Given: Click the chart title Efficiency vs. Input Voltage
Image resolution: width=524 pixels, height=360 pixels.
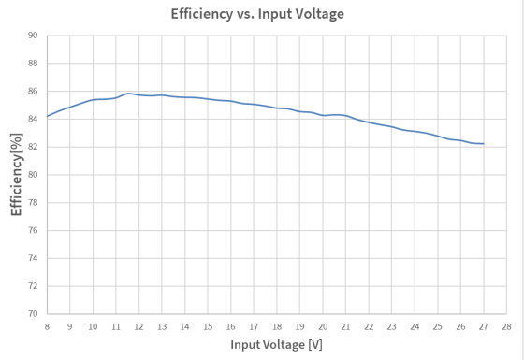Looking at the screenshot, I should (257, 14).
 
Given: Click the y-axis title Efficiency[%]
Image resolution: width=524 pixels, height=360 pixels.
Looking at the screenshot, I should (16, 175).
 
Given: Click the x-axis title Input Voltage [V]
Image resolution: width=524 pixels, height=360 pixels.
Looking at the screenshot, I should (276, 345).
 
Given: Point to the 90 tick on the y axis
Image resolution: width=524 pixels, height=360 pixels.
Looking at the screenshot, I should (33, 36).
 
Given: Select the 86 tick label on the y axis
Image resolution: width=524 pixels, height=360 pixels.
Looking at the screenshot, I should (33, 92).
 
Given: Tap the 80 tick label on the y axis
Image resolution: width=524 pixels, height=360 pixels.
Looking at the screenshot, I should (33, 175).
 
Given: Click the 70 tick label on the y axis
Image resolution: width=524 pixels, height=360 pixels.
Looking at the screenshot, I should (33, 314).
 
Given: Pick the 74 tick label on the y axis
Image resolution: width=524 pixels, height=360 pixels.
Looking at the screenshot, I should (33, 258).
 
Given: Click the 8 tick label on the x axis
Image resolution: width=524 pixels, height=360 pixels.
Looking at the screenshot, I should (47, 326).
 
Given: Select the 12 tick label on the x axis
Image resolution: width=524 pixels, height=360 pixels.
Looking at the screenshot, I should (138, 326).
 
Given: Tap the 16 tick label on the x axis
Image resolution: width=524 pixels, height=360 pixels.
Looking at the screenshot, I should (230, 326).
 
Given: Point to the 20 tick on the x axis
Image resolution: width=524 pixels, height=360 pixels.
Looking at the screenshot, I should (323, 326).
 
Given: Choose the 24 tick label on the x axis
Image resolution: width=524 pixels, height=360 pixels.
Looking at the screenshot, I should (415, 326).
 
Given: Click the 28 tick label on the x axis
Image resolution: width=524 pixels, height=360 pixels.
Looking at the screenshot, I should (506, 326).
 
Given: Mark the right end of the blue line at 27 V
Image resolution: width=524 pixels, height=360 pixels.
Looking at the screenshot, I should (483, 144).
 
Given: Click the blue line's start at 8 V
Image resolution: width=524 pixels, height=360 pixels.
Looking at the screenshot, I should (47, 117).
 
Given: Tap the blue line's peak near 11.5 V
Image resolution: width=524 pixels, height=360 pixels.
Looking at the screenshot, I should (128, 94).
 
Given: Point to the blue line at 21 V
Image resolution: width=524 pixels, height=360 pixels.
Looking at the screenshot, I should (345, 116).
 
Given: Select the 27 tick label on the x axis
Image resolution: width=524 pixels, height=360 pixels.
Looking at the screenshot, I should (483, 326).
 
